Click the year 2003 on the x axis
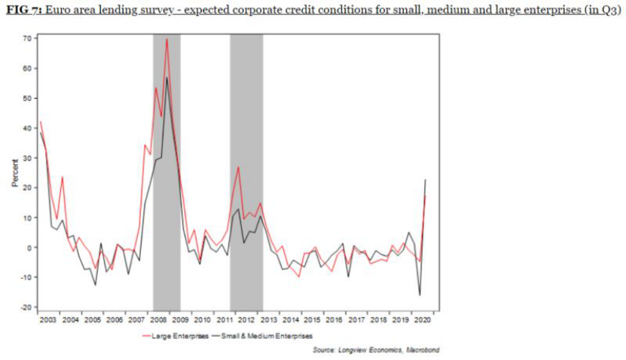tap(48, 319)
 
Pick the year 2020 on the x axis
tap(424, 319)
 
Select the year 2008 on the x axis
tap(159, 319)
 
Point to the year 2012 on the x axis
tap(247, 319)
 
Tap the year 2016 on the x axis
tap(335, 319)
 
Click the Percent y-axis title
tap(14, 172)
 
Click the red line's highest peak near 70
tap(166, 38)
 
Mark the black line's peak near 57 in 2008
tap(166, 77)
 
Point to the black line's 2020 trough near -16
tap(420, 295)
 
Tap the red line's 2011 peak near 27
tap(238, 166)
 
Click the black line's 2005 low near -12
tap(95, 285)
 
